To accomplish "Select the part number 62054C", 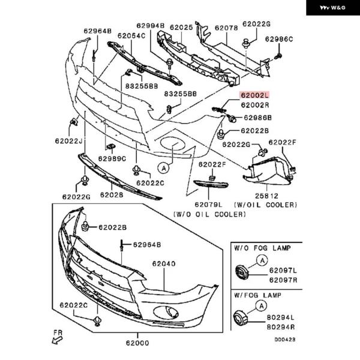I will pyautogui.click(x=131, y=36).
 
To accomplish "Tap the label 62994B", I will pyautogui.click(x=150, y=26).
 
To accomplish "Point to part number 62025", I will pyautogui.click(x=181, y=28).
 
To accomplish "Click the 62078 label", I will pyautogui.click(x=226, y=28).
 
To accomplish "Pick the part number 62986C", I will pyautogui.click(x=279, y=40).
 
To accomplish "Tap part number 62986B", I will pyautogui.click(x=256, y=118).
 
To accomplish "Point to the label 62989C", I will pyautogui.click(x=112, y=159).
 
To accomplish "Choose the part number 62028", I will pyautogui.click(x=112, y=195).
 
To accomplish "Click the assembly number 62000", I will pyautogui.click(x=137, y=343).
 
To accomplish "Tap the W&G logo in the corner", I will pyautogui.click(x=331, y=10).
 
